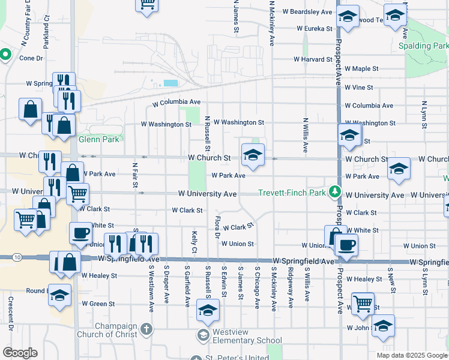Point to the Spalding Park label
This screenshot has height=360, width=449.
click(424, 46)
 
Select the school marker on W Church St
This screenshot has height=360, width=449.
click(253, 155)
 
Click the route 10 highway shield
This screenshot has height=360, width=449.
click(17, 257)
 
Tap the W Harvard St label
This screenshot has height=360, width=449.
click(313, 59)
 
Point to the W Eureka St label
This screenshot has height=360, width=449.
click(315, 28)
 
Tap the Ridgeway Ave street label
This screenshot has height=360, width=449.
click(291, 289)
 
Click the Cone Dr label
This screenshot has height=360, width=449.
click(31, 58)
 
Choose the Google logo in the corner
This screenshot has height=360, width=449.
click(20, 353)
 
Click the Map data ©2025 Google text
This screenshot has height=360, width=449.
click(412, 355)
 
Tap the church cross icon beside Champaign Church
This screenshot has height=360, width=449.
click(147, 329)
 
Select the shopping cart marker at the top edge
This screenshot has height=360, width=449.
click(146, 4)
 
